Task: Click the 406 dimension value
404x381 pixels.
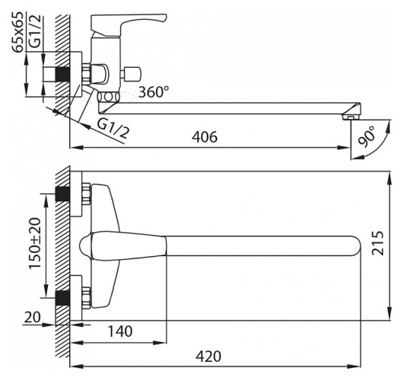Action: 205,137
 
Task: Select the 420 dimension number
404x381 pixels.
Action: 208,357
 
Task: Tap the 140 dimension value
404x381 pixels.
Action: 120,331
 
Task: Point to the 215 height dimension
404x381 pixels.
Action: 377,243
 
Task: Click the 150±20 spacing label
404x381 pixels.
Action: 35,243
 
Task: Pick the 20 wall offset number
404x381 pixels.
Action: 33,317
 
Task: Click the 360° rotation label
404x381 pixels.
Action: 154,91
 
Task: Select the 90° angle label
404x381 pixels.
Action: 367,137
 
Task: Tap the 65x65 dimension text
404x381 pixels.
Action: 18,32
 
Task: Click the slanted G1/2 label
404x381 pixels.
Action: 113,129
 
